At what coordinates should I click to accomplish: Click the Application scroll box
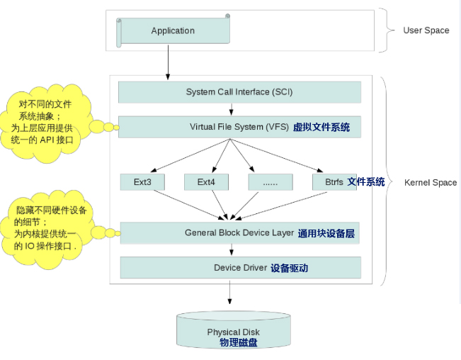click(x=173, y=31)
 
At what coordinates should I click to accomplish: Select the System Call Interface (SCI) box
click(x=239, y=92)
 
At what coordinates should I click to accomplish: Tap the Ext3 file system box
click(x=142, y=182)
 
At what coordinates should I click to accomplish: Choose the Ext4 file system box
click(x=206, y=182)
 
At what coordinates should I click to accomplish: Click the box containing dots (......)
click(x=271, y=182)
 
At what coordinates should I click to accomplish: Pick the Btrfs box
click(x=334, y=182)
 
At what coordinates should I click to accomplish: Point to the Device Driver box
click(x=240, y=268)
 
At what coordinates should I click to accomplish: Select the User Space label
click(x=426, y=30)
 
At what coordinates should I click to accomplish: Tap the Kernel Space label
click(x=430, y=183)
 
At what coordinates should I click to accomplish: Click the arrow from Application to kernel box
click(x=169, y=64)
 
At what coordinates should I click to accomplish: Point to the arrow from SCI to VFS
click(x=232, y=109)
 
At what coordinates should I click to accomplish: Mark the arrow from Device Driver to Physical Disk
click(x=229, y=294)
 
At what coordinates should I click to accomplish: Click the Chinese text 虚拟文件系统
click(x=321, y=128)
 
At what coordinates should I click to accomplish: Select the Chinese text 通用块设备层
click(x=326, y=233)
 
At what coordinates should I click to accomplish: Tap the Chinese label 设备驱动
click(x=289, y=268)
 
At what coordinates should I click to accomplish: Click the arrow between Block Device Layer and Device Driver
click(x=232, y=250)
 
